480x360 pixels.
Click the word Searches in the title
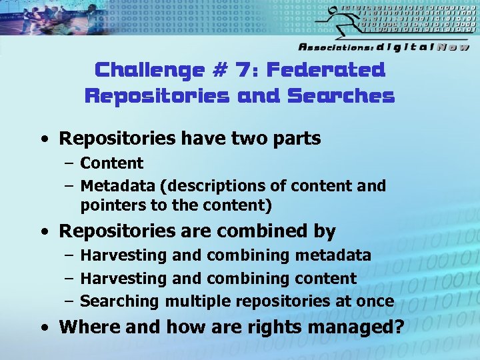pos(341,97)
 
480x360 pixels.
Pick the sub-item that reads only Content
pos(111,163)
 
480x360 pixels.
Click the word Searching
pos(119,301)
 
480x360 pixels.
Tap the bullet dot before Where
pos(44,328)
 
